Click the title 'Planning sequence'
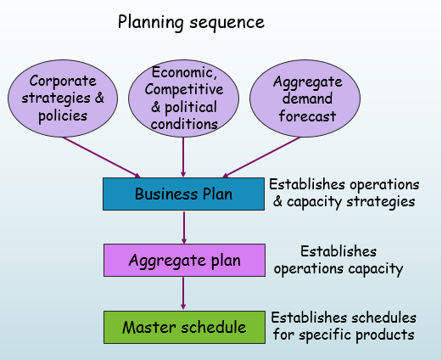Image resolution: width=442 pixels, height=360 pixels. tap(191, 21)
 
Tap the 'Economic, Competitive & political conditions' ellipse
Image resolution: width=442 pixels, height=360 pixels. tap(184, 98)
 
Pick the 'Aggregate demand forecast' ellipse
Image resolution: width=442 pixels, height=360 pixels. tap(307, 98)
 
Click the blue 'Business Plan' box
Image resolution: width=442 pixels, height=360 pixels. tap(183, 194)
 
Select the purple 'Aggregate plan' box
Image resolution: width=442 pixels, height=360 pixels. tap(183, 260)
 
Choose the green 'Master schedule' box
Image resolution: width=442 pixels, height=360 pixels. tap(183, 327)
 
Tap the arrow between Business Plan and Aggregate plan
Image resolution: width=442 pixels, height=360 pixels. tap(184, 227)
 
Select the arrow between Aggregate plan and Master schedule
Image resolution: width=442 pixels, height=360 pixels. tap(184, 293)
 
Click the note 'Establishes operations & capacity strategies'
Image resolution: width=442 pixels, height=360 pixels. tap(344, 193)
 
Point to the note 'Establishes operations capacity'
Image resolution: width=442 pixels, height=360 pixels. tap(338, 260)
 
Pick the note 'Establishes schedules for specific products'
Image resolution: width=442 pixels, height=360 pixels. tap(344, 326)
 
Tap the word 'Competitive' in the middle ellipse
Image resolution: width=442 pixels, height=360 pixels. tap(184, 90)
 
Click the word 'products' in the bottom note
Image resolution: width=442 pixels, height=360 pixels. tap(388, 335)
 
